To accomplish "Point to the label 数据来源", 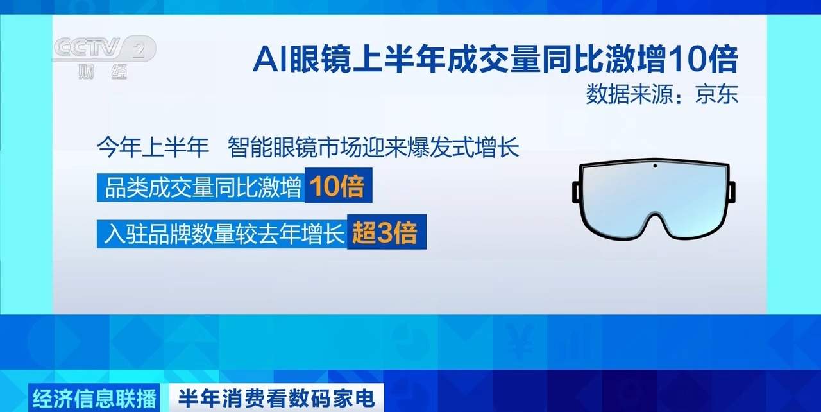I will (625, 94).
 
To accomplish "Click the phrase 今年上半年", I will (153, 150).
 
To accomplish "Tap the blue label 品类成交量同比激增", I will (202, 189).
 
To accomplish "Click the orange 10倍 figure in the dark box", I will (337, 187).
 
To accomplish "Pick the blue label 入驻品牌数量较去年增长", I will (222, 232).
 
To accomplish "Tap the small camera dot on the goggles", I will (654, 167).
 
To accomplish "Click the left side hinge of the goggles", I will (577, 193).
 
